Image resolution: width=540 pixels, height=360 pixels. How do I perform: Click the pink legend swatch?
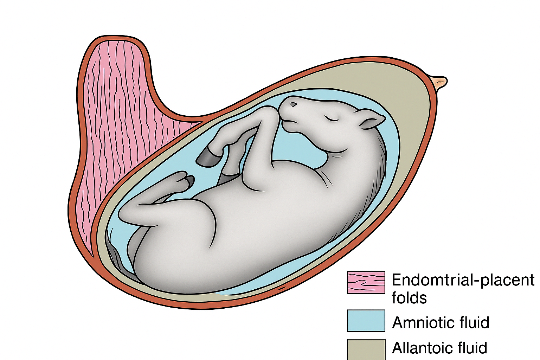coord(366,282)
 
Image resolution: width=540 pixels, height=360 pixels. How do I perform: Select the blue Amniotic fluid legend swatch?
coord(366,320)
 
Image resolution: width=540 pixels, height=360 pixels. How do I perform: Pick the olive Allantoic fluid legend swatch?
coord(366,349)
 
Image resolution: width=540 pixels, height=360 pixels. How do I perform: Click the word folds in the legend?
coord(409,298)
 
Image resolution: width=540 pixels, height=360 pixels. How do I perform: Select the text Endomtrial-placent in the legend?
coord(463,280)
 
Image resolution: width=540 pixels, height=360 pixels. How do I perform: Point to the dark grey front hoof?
coord(207,157)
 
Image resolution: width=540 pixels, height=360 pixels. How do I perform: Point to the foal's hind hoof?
coord(189,181)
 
